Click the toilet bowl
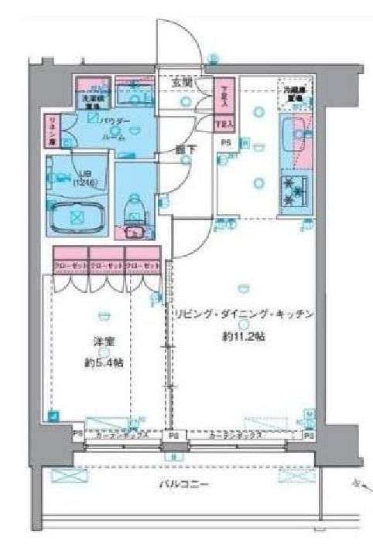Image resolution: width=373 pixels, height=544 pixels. (x=136, y=209)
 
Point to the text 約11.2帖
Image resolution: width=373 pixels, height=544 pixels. (x=241, y=336)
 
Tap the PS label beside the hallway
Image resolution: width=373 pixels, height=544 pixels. (x=226, y=142)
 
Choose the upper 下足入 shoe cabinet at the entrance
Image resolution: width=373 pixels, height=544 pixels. (x=224, y=95)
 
